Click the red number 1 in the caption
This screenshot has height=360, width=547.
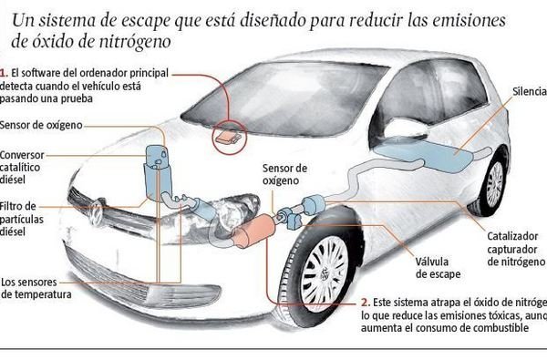(x=4, y=69)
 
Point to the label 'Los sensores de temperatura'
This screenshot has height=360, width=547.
(x=36, y=287)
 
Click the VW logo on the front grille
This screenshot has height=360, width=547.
(x=96, y=212)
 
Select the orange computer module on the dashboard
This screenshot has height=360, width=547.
(x=227, y=138)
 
